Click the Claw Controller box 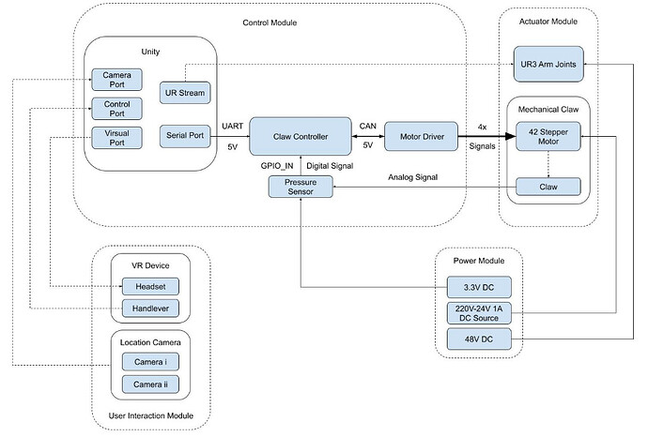[301, 137]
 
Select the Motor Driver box [421, 137]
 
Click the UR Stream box [184, 91]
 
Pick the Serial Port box [184, 137]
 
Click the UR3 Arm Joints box [548, 63]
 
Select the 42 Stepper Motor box [548, 137]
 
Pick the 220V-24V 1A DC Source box [479, 312]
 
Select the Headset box [150, 286]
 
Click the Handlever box [150, 309]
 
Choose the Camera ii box [150, 383]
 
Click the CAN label [367, 125]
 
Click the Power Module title [478, 261]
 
